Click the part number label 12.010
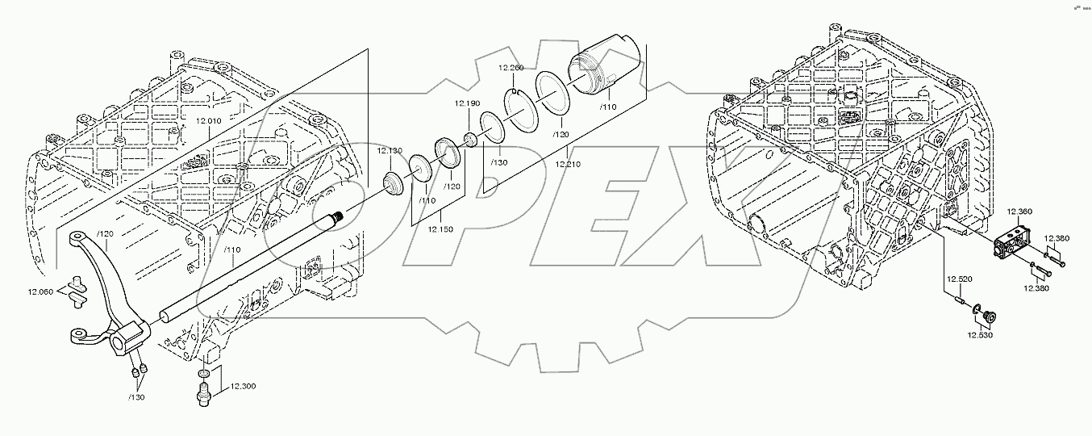(x=210, y=121)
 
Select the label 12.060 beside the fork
(x=41, y=291)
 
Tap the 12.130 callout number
(x=390, y=151)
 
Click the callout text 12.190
(x=466, y=103)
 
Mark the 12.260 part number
(x=511, y=67)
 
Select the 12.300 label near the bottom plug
(x=242, y=387)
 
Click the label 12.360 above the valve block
(x=1019, y=212)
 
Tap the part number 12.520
(x=959, y=279)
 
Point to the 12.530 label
(x=981, y=334)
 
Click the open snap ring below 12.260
(x=517, y=103)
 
